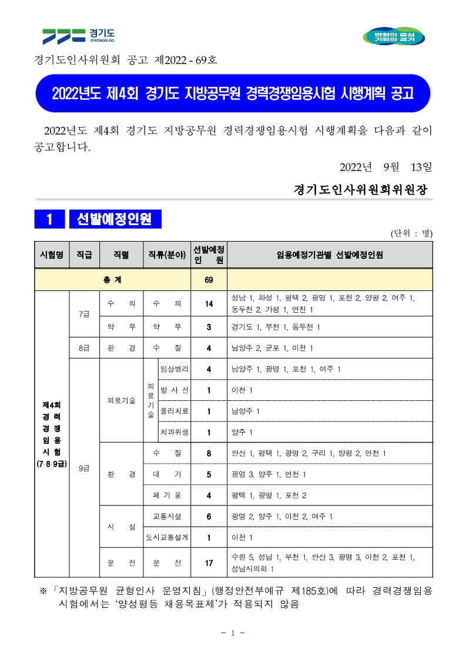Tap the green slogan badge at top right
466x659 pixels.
394,36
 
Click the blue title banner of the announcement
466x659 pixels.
233,93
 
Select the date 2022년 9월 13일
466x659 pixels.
385,167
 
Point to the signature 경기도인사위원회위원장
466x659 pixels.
361,190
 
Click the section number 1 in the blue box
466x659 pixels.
49,219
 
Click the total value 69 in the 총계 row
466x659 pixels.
209,280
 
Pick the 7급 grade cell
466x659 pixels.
84,313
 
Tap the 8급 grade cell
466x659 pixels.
84,347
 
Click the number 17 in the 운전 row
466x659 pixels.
209,563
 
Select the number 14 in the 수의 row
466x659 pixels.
209,303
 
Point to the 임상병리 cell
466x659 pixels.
174,369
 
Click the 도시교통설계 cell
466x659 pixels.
166,537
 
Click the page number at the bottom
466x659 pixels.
233,633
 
